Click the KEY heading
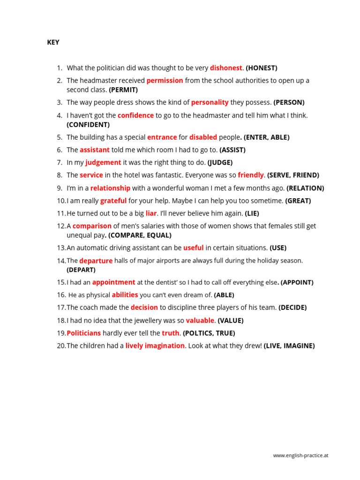(53, 42)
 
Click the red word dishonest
(226, 68)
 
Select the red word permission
(165, 81)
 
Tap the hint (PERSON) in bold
(289, 103)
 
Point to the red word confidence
(135, 115)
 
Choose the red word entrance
(162, 137)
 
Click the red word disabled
(203, 137)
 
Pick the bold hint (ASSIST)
(232, 150)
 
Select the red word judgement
(103, 163)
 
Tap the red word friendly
(251, 175)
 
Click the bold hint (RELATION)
(305, 188)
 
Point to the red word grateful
(113, 201)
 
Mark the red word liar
(151, 213)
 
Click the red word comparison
(92, 226)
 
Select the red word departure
(96, 261)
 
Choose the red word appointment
(113, 282)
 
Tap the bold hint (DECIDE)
(292, 307)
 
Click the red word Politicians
(84, 333)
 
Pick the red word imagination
(165, 345)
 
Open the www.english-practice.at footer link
(300, 455)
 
